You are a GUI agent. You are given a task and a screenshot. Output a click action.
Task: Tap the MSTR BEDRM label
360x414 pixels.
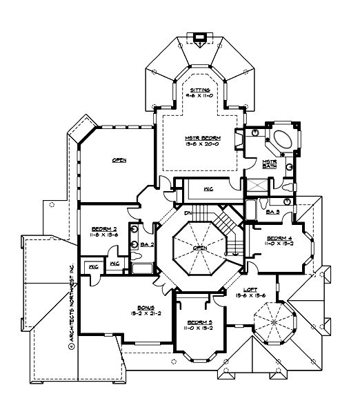pyautogui.click(x=198, y=137)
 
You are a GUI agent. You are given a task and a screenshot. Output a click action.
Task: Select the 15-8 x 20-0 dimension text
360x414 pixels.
pyautogui.click(x=198, y=145)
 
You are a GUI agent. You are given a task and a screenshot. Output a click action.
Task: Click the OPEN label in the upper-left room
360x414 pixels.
pyautogui.click(x=119, y=160)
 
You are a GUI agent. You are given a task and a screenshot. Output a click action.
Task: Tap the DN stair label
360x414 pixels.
pyautogui.click(x=187, y=213)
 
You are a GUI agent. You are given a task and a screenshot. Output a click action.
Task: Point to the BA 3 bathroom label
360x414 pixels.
pyautogui.click(x=272, y=212)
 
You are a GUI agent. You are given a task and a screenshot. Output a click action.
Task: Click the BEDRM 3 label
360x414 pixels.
pyautogui.click(x=197, y=322)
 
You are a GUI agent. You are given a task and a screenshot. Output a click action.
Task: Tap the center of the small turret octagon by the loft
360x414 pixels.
pyautogui.click(x=274, y=322)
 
